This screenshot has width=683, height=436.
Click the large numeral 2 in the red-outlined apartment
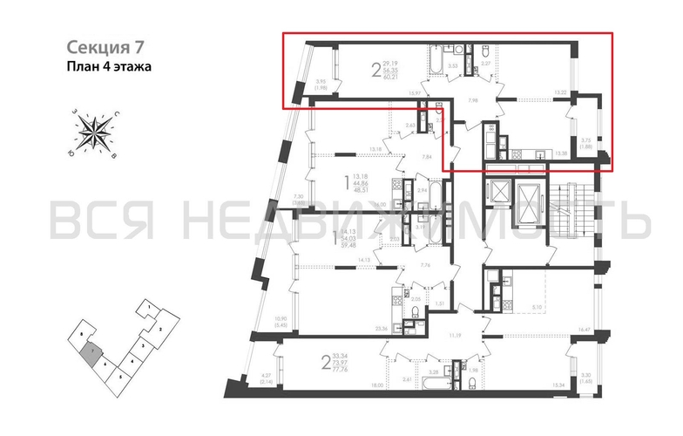click(x=376, y=71)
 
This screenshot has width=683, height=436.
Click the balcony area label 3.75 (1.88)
click(x=585, y=143)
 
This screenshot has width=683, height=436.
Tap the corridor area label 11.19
click(x=453, y=333)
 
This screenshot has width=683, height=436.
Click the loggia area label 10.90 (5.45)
click(x=281, y=322)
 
